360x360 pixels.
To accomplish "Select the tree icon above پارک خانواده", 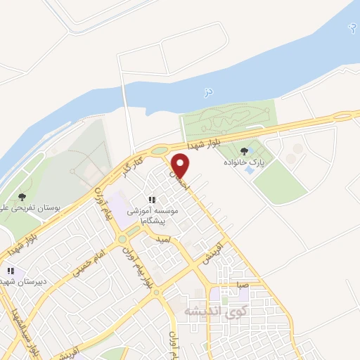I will (x=244, y=150).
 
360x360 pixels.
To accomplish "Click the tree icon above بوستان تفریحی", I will (x=22, y=197).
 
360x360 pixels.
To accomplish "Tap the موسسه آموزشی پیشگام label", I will (x=153, y=215).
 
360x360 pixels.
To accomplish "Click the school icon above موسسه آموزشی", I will (x=152, y=200).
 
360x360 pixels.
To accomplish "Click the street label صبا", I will (x=242, y=285).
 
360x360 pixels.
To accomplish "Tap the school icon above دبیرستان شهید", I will (x=11, y=271).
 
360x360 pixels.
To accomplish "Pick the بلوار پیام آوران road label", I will (x=139, y=268).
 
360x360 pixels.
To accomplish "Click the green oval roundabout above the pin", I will (x=160, y=150).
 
